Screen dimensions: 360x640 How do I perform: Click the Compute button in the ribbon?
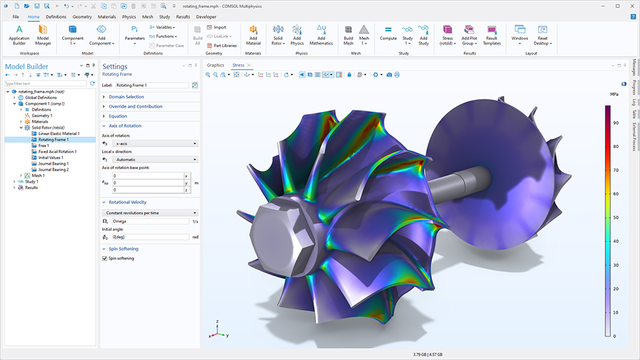pyautogui.click(x=388, y=34)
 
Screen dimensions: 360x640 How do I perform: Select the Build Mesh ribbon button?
pyautogui.click(x=348, y=34)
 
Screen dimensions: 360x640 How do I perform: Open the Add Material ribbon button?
pyautogui.click(x=253, y=34)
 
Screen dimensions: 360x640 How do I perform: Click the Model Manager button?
pyautogui.click(x=43, y=34)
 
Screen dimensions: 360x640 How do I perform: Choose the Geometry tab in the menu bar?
pyautogui.click(x=82, y=16)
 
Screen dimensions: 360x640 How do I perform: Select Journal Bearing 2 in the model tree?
pyautogui.click(x=53, y=169)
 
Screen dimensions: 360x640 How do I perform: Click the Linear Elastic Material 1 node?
pyautogui.click(x=59, y=133)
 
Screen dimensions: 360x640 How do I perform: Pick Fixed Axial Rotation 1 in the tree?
pyautogui.click(x=57, y=151)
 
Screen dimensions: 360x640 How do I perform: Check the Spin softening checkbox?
pyautogui.click(x=104, y=258)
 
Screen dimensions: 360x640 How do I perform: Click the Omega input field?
pyautogui.click(x=150, y=221)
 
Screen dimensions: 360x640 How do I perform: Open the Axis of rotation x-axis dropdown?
pyautogui.click(x=155, y=143)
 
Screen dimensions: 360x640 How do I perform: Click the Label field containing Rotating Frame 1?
pyautogui.click(x=151, y=85)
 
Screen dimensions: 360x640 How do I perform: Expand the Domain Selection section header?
pyautogui.click(x=126, y=97)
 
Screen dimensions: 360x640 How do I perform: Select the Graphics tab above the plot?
pyautogui.click(x=215, y=65)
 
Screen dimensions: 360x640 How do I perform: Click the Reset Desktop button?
pyautogui.click(x=542, y=34)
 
